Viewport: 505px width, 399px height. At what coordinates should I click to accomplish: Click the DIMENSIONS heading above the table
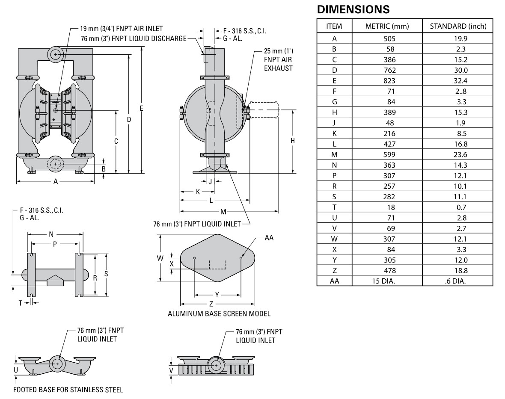[353, 9]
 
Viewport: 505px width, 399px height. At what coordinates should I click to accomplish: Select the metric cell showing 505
[387, 38]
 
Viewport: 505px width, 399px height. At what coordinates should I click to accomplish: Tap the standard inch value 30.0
[457, 70]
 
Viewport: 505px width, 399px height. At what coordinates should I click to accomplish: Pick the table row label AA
[334, 281]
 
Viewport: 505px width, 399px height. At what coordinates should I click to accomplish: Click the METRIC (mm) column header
[387, 26]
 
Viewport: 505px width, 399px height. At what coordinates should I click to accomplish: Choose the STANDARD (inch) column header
[457, 26]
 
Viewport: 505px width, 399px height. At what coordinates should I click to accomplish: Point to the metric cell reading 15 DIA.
[387, 281]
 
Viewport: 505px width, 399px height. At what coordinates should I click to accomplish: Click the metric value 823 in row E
[387, 81]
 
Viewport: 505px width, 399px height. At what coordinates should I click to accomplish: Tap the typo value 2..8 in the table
[457, 91]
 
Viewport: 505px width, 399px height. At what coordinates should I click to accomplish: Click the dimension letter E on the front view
[141, 108]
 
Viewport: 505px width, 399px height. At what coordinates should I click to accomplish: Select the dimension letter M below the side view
[223, 212]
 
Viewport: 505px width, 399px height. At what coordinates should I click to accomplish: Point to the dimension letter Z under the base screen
[211, 304]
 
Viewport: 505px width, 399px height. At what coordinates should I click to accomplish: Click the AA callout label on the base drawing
[269, 238]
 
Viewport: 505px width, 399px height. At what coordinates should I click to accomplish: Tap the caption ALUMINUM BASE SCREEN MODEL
[219, 314]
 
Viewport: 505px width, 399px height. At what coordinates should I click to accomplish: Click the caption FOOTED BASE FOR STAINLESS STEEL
[68, 390]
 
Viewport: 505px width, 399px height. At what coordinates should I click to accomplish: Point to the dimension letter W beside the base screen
[160, 258]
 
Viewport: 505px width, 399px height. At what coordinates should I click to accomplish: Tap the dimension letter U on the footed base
[16, 369]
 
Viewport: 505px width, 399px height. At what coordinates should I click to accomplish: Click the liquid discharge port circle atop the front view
[55, 54]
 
